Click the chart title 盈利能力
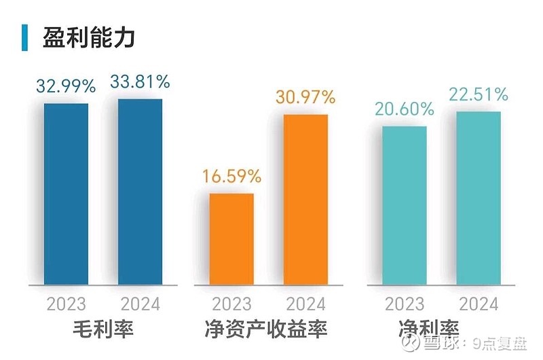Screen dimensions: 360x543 tap(88, 37)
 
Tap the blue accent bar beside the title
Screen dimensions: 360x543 tap(24, 37)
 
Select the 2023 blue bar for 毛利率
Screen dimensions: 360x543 tap(66, 194)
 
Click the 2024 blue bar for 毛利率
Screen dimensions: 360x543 tap(140, 192)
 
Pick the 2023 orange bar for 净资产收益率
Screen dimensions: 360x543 tap(231, 238)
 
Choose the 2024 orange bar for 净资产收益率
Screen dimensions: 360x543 tap(305, 199)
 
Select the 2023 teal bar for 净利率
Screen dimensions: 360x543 tap(405, 205)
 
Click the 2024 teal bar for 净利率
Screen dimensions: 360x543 tap(479, 198)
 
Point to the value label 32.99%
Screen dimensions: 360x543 tap(66, 87)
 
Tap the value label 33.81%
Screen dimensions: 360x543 tap(140, 83)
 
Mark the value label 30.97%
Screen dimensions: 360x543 tap(305, 97)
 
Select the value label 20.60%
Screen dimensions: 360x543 tap(405, 109)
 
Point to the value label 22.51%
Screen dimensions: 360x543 tap(479, 94)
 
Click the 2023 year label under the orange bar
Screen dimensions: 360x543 tap(231, 303)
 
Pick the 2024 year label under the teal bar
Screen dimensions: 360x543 tap(479, 303)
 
